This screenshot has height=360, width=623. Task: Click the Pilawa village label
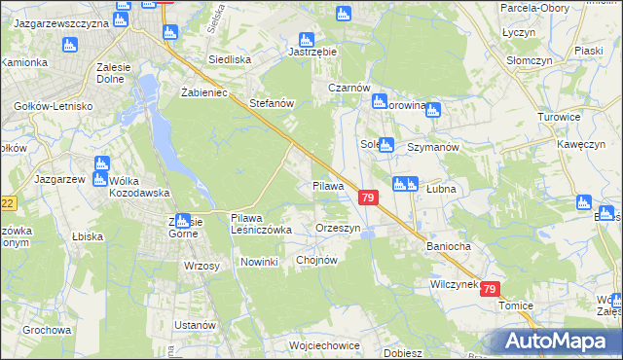click(x=328, y=185)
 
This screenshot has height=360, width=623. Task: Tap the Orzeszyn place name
click(x=339, y=228)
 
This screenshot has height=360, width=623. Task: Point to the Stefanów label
click(x=272, y=102)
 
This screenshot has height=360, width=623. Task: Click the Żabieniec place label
click(x=203, y=92)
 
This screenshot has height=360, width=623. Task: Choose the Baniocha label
click(x=448, y=246)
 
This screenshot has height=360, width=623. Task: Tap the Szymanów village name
click(x=432, y=146)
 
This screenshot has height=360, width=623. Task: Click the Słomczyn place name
click(x=554, y=56)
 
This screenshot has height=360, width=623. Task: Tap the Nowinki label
click(x=259, y=262)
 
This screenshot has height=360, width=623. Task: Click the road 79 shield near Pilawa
click(x=367, y=198)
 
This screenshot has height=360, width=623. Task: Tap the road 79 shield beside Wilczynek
click(x=490, y=289)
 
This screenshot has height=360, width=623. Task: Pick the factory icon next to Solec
click(x=385, y=146)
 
